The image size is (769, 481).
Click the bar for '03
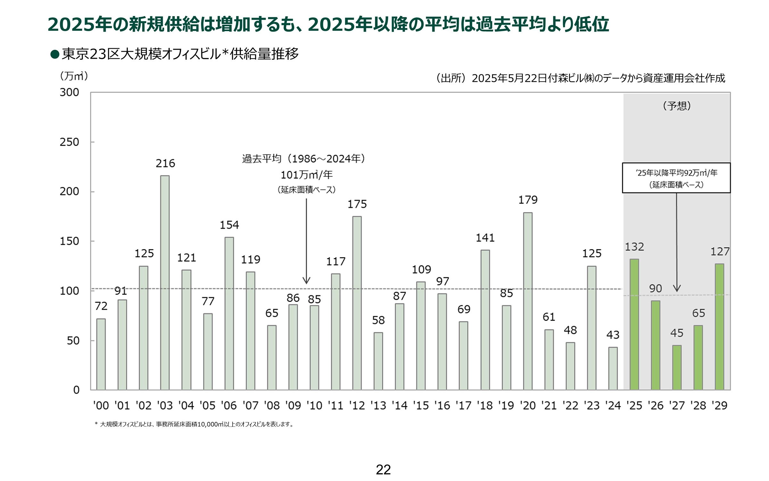point(165,282)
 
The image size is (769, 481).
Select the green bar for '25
point(634,324)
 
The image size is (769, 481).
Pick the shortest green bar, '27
point(677,367)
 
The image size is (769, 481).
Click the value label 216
point(165,164)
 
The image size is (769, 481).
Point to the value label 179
point(528,200)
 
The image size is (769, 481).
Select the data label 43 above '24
point(613,335)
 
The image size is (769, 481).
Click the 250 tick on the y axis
point(69,142)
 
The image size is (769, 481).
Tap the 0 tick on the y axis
point(76,390)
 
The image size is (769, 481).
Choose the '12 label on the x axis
point(357,406)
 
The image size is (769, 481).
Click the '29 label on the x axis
point(720,406)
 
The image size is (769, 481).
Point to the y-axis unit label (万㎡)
point(74,76)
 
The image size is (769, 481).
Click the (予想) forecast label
point(677,106)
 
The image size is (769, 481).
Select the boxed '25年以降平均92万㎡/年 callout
point(676,178)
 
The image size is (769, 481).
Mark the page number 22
point(383,470)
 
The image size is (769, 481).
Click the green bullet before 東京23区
point(55,54)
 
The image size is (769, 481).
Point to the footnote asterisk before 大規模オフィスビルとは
point(96,424)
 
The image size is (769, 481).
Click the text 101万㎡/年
point(307,175)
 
